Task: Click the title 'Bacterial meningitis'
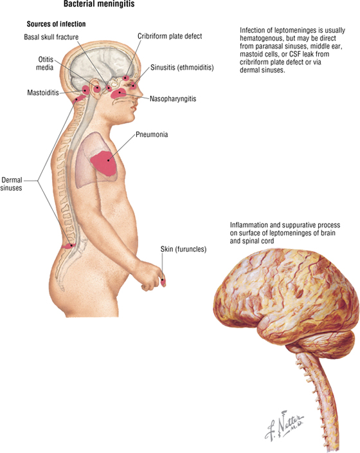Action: pyautogui.click(x=99, y=4)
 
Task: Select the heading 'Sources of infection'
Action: pyautogui.click(x=57, y=24)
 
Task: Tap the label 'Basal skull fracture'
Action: pyautogui.click(x=51, y=37)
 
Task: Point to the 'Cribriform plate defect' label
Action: pyautogui.click(x=170, y=36)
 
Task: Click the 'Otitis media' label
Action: pyautogui.click(x=45, y=63)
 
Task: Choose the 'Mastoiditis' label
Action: pyautogui.click(x=43, y=93)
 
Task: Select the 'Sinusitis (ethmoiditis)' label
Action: pyautogui.click(x=182, y=68)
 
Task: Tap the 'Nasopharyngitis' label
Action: pyautogui.click(x=173, y=99)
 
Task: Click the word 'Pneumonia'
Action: pyautogui.click(x=152, y=134)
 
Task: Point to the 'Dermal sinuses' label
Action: pyautogui.click(x=12, y=184)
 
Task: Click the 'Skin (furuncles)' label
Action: pyautogui.click(x=184, y=249)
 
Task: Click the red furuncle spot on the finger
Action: pyautogui.click(x=163, y=282)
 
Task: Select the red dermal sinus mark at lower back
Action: pyautogui.click(x=69, y=246)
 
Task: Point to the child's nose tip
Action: pyautogui.click(x=141, y=94)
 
